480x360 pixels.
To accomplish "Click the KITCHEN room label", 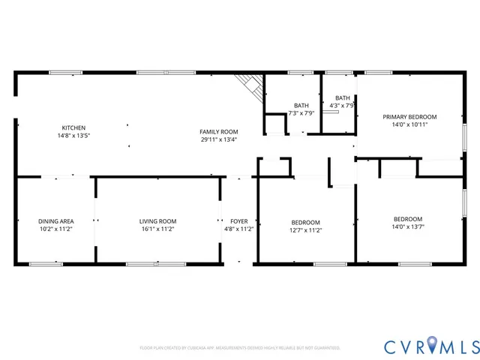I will (x=73, y=127).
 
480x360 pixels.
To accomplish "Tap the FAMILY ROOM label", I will (x=218, y=131).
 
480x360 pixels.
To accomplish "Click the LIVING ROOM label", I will (x=157, y=221).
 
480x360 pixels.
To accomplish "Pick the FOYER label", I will (x=239, y=221).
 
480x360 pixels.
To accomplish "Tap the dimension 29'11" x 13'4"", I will (x=218, y=139).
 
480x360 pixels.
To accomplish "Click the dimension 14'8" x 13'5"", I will (x=73, y=136).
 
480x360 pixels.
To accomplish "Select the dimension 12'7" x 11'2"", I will (x=305, y=230).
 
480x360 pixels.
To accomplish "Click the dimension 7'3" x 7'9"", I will (x=301, y=113).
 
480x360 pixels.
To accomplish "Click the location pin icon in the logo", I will (x=427, y=346).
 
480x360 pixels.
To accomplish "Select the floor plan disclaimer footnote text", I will (x=239, y=348).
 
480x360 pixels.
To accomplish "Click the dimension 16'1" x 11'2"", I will (x=157, y=229).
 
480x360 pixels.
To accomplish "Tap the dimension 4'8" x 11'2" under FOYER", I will (x=239, y=229).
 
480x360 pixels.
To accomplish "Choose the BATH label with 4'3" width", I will (x=342, y=98).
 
